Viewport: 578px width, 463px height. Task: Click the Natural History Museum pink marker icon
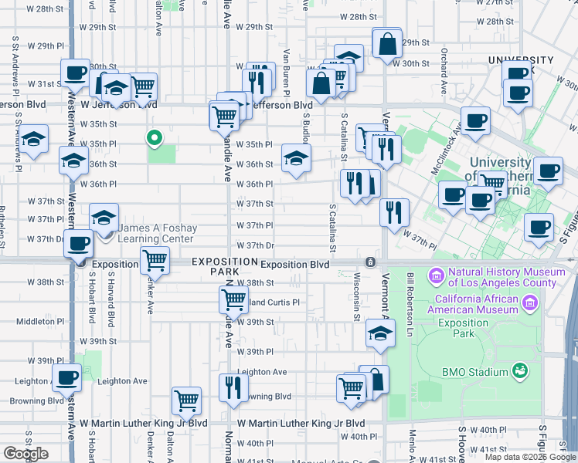point(437,275)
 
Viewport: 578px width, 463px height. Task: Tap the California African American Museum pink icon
point(529,302)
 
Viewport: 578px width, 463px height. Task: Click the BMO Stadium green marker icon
point(521,372)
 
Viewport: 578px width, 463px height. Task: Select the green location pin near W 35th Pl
point(154,139)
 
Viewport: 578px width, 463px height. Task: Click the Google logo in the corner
point(25,453)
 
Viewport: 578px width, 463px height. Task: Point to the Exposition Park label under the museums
point(463,329)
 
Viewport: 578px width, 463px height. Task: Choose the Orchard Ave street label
point(444,70)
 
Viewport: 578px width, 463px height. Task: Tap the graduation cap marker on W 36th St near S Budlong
point(294,157)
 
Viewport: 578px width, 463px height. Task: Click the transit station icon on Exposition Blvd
point(371,262)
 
